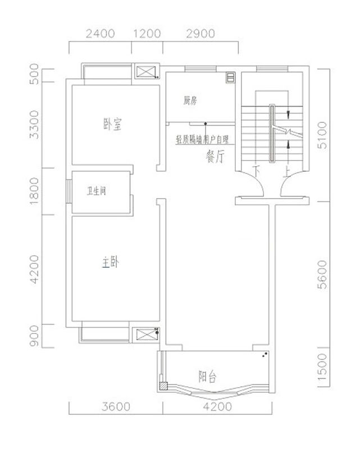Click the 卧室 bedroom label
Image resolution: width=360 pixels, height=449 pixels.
[112, 125]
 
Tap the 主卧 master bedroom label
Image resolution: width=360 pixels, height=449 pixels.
[110, 262]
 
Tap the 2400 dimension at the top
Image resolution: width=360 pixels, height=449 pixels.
[101, 33]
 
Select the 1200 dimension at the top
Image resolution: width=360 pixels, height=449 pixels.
[147, 33]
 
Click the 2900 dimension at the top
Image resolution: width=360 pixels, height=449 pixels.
[200, 33]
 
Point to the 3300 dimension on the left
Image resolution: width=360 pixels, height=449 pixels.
[35, 125]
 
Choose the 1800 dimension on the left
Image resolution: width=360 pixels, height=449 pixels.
[35, 190]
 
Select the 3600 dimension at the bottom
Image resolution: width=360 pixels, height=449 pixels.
[117, 406]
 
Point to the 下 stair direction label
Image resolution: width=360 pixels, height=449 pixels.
[258, 169]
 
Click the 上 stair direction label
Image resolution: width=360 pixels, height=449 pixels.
[286, 169]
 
